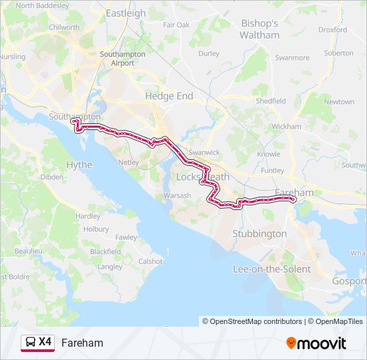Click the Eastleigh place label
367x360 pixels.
point(125,13)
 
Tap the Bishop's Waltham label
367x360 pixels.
point(260,29)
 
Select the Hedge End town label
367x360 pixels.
point(169,96)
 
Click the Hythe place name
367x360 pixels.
point(79,165)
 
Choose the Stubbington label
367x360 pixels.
point(260,234)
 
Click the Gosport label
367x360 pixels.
point(349,281)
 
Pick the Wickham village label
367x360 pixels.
point(286,126)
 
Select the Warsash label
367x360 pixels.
point(177,195)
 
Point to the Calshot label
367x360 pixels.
point(150,261)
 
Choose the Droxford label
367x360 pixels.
point(333,30)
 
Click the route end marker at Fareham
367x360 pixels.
point(293,198)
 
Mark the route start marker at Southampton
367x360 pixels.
point(75,123)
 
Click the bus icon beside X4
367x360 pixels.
point(31,343)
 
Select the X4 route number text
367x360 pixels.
point(45,342)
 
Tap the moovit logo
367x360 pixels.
point(316,343)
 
